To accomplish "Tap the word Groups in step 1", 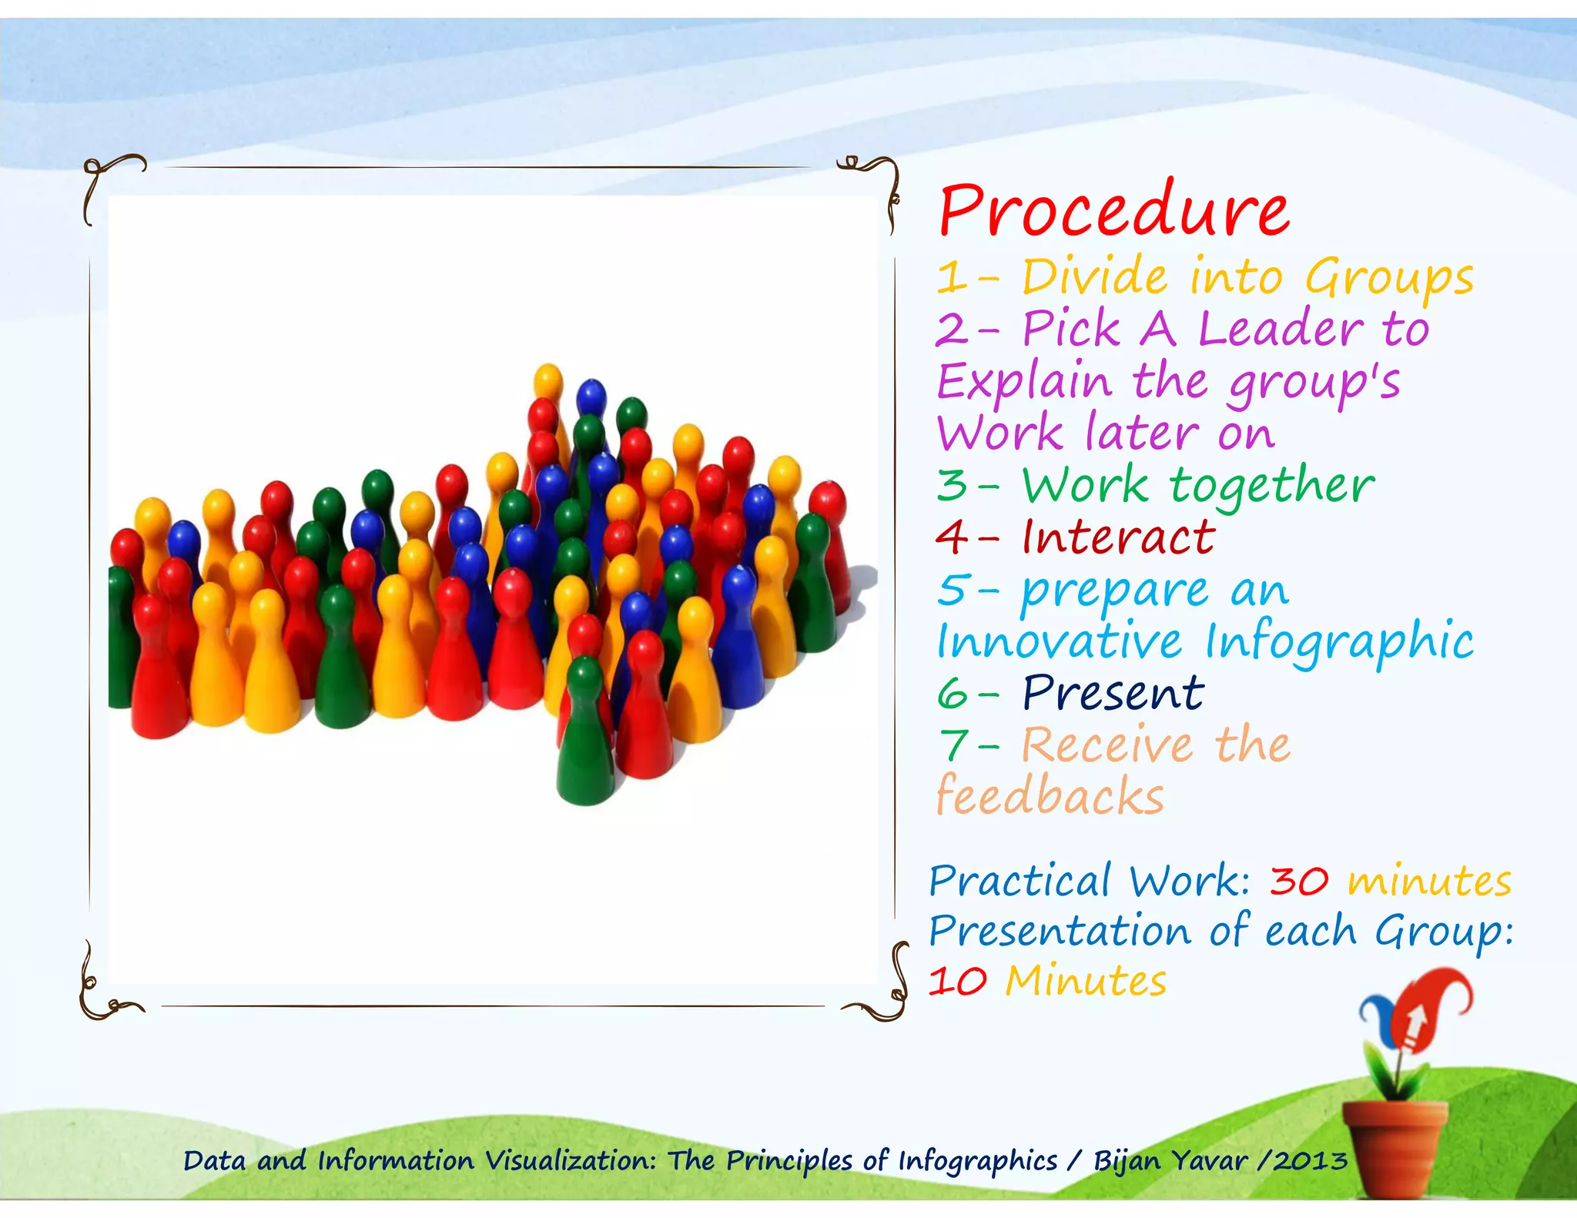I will pos(1388,278).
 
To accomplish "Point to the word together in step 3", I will pos(1271,487).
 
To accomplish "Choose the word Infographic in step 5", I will pos(1338,642).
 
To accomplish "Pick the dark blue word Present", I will pos(1113,693).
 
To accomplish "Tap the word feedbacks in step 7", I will pos(1050,796).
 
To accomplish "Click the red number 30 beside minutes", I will pos(1298,882).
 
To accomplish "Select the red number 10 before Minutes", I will pos(957,982).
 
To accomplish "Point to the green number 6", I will pos(953,694).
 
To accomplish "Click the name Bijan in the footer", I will pos(1127,1160).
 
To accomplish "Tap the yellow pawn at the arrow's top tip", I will pos(548,385).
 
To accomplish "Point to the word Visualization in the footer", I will pos(571,1160).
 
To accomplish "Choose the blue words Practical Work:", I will pos(1089,882).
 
